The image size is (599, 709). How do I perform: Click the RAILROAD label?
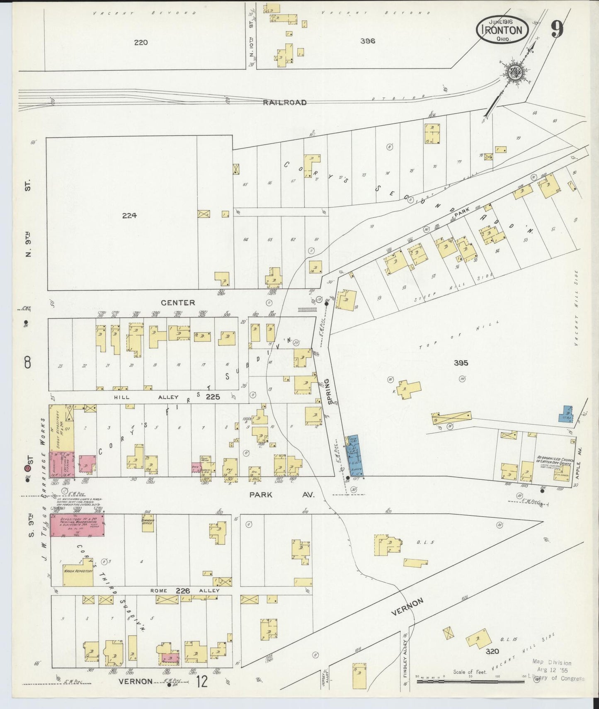pyautogui.click(x=285, y=102)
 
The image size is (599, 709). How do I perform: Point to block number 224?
pyautogui.click(x=129, y=215)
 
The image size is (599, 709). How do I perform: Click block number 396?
pyautogui.click(x=367, y=41)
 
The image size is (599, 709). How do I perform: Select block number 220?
pyautogui.click(x=141, y=42)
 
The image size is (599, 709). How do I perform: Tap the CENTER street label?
pyautogui.click(x=178, y=303)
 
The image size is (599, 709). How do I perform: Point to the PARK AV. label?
pyautogui.click(x=282, y=495)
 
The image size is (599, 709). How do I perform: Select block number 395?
pyautogui.click(x=461, y=363)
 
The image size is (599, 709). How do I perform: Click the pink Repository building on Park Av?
pyautogui.click(x=77, y=525)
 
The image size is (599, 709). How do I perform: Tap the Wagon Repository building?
pyautogui.click(x=78, y=571)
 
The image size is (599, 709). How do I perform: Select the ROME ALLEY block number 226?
pyautogui.click(x=183, y=590)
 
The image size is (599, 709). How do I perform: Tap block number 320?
pyautogui.click(x=492, y=651)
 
